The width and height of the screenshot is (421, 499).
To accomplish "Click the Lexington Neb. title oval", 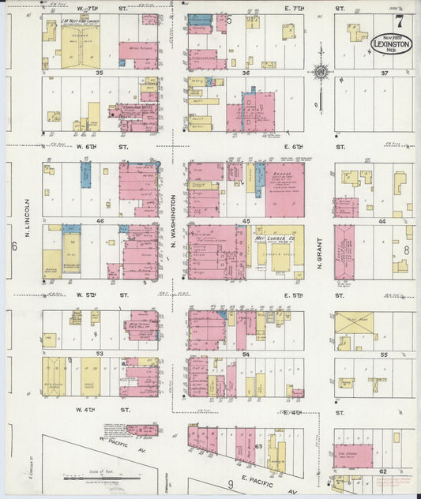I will tap(390, 43).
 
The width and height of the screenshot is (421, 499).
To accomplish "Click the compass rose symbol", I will tap(321, 73).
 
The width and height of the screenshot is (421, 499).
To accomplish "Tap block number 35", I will tap(100, 73).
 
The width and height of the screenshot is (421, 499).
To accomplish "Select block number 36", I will tap(246, 73).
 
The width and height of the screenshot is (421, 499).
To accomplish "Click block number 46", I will tap(100, 222).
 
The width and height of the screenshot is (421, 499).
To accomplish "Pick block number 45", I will tap(246, 221).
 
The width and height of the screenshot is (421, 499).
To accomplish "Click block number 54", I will tap(246, 355).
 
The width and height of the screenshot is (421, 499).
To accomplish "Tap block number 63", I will tap(257, 446).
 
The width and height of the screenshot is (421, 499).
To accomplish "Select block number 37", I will tap(385, 73).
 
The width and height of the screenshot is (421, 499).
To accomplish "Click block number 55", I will tap(385, 355).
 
